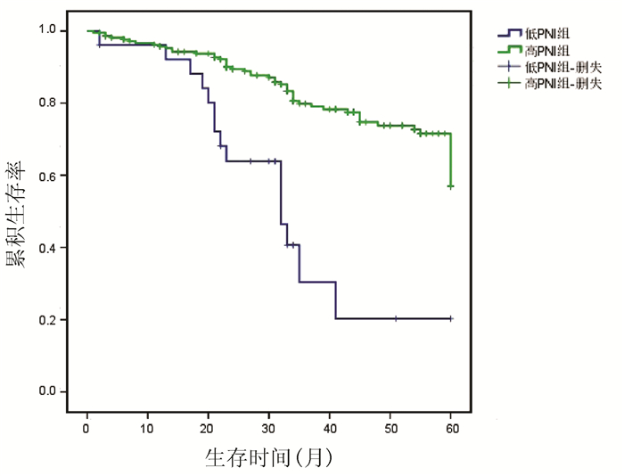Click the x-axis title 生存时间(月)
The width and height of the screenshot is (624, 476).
(268, 458)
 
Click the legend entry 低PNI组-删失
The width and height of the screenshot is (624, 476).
(557, 66)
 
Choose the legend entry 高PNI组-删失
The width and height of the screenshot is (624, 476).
(557, 82)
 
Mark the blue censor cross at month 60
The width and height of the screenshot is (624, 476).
(451, 318)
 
